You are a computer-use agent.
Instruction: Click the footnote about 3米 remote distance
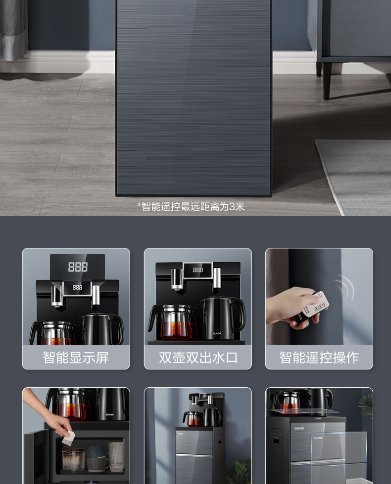(191, 206)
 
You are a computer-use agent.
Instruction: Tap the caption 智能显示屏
(76, 358)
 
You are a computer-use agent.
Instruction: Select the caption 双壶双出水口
(198, 358)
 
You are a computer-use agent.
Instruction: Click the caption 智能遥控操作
(319, 358)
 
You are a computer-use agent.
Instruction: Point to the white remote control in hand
(311, 306)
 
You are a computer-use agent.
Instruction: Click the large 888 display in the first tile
(78, 267)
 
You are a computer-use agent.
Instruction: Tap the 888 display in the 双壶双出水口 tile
(198, 270)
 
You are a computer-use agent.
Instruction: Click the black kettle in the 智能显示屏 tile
(102, 329)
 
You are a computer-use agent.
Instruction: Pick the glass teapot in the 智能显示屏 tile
(52, 333)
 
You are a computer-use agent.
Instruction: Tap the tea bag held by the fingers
(68, 438)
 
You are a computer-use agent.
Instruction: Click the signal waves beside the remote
(345, 288)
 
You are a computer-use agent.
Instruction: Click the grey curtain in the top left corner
(13, 30)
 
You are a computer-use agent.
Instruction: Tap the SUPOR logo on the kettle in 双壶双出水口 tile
(217, 333)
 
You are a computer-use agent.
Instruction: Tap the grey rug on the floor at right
(354, 177)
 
